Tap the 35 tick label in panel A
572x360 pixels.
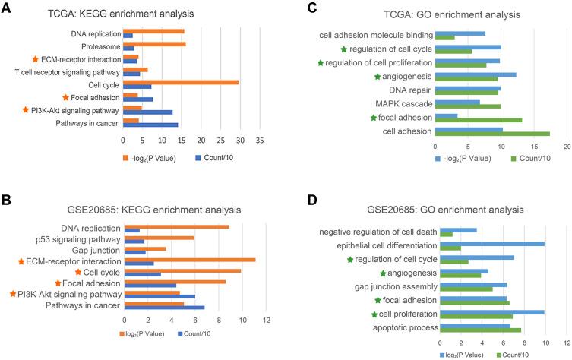click(x=259, y=141)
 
